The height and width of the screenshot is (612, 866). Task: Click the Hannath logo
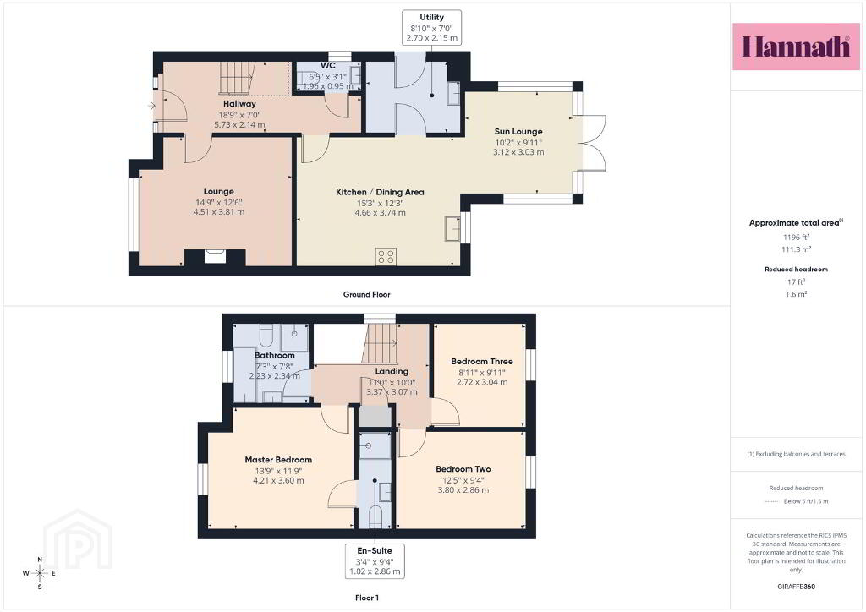(x=796, y=46)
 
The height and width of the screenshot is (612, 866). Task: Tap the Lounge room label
(x=219, y=192)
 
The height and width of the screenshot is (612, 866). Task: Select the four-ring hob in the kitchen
(x=386, y=256)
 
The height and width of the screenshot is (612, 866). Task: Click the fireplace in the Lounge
(x=215, y=257)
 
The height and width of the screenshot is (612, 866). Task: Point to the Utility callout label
(x=432, y=28)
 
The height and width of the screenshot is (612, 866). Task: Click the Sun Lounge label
(x=518, y=131)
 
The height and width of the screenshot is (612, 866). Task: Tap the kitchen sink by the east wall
(x=453, y=228)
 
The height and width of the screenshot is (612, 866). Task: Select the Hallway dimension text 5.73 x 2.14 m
(x=239, y=125)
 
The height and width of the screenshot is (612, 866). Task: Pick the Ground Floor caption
(x=367, y=294)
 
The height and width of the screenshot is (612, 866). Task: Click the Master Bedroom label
(x=278, y=460)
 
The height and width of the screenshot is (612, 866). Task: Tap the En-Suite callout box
(x=375, y=560)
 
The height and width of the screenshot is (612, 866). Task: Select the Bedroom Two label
(x=463, y=469)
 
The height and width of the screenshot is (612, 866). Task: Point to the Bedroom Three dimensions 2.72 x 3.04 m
(x=482, y=382)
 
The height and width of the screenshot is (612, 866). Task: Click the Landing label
(x=392, y=371)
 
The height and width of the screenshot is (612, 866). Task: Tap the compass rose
(x=40, y=573)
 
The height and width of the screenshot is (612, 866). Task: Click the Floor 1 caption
(x=367, y=598)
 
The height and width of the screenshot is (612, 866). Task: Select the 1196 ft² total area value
(x=796, y=238)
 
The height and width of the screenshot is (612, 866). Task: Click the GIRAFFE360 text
(x=796, y=587)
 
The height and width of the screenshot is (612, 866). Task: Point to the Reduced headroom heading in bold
(x=796, y=270)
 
